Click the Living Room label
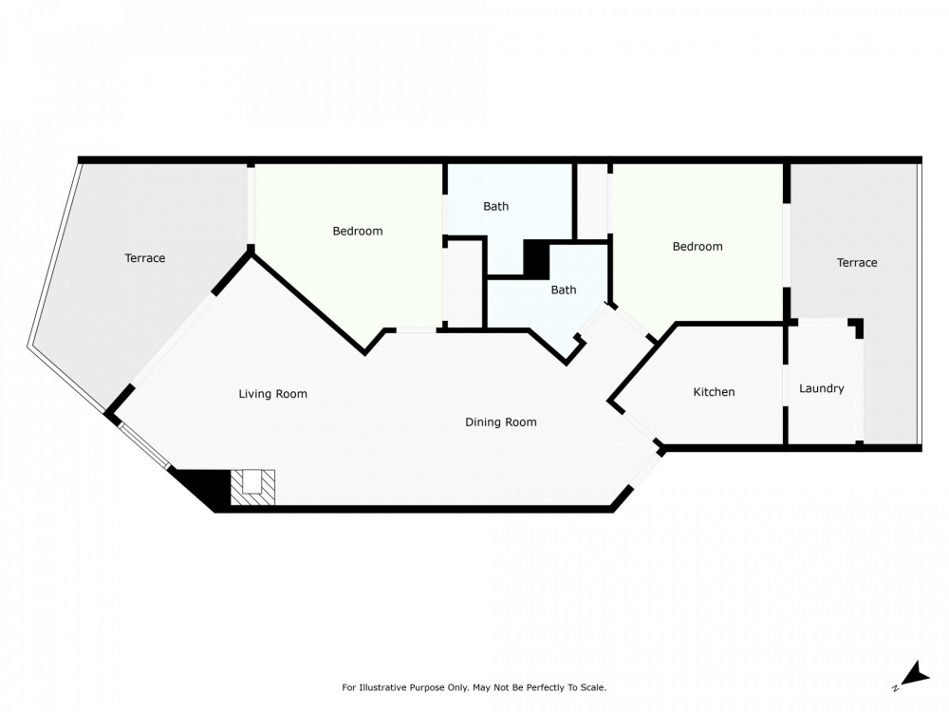click(273, 394)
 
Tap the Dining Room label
click(500, 422)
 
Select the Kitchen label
click(715, 392)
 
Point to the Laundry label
click(821, 388)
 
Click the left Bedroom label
click(358, 232)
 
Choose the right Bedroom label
click(698, 247)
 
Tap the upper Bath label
click(495, 206)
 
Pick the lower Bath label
click(564, 290)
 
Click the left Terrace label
click(144, 258)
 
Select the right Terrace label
click(857, 263)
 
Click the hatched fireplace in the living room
click(253, 487)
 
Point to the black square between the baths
click(536, 259)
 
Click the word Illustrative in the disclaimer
click(381, 687)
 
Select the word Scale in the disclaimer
click(593, 687)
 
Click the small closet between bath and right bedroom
click(592, 201)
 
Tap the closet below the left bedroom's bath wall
click(464, 285)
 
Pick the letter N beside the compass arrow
click(895, 688)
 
